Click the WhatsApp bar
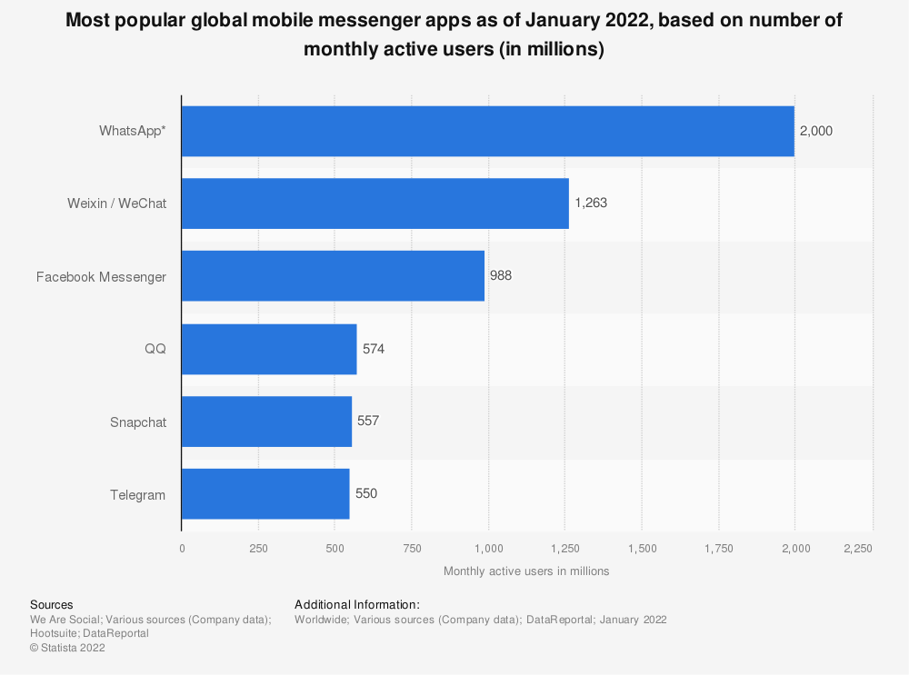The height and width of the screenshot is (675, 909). pos(487,131)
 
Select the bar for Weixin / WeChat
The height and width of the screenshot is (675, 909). pos(375,203)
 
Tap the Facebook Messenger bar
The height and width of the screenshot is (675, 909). pos(333,276)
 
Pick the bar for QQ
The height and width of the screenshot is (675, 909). pos(269,349)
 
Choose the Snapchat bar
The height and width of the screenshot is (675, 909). pos(266,422)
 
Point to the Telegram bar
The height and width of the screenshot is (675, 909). pos(265,494)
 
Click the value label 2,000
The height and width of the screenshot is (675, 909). pos(815,131)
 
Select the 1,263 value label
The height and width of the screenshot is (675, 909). pos(590,203)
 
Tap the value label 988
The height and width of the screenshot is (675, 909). pos(501,276)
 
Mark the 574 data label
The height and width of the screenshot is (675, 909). pos(374,349)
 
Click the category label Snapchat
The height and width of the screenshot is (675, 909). pos(138,422)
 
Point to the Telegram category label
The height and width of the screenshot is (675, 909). pos(138,495)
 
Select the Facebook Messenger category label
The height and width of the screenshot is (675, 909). pos(101,277)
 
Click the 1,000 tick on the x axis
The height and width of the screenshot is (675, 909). pos(489,549)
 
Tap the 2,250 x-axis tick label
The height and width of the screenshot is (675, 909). pos(858,549)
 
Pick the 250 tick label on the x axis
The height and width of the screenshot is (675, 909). pos(258,549)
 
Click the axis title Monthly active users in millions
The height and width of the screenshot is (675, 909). pos(526,571)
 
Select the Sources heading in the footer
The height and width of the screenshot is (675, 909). pos(52,605)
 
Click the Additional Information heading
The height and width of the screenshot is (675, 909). pos(357,605)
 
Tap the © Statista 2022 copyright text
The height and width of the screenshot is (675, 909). pos(67,648)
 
